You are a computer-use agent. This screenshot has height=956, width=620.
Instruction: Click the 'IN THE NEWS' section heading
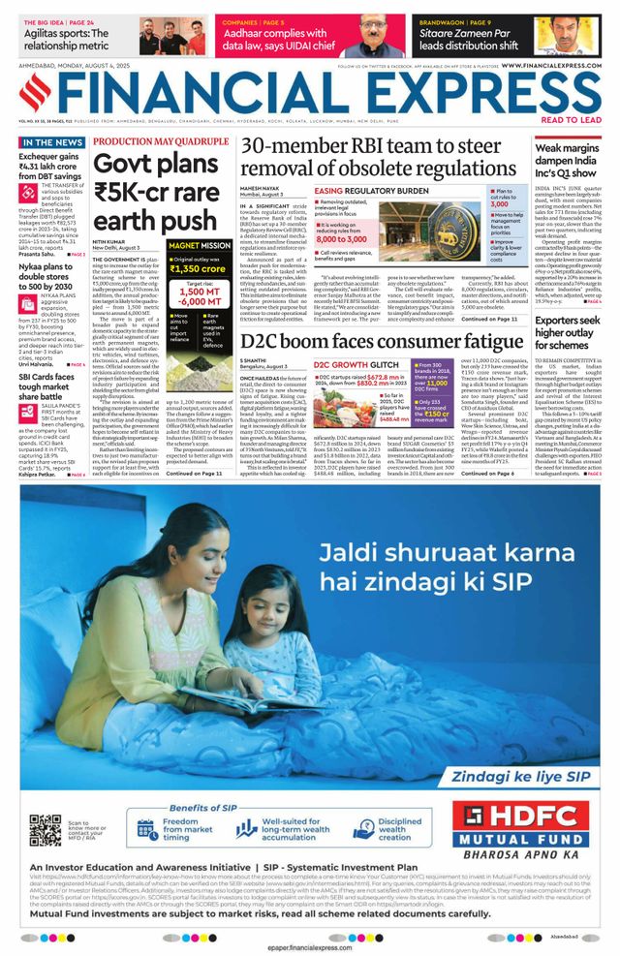tap(49, 142)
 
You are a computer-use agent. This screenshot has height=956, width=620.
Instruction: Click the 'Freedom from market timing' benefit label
tap(194, 830)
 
